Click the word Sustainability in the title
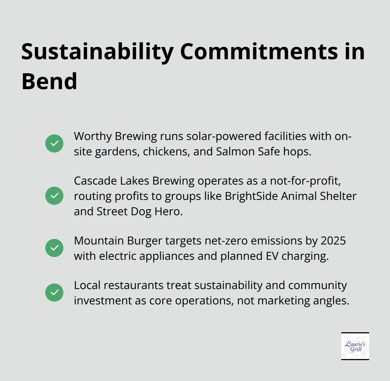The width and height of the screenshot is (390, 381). pyautogui.click(x=97, y=52)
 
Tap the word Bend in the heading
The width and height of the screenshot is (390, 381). pyautogui.click(x=49, y=81)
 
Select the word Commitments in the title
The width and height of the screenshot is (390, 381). pyautogui.click(x=259, y=52)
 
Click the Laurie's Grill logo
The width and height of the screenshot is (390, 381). pyautogui.click(x=355, y=346)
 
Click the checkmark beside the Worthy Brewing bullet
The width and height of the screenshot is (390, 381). pyautogui.click(x=54, y=143)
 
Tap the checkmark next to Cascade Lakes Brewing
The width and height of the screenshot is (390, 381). pyautogui.click(x=54, y=196)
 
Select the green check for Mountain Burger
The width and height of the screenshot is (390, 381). pyautogui.click(x=54, y=248)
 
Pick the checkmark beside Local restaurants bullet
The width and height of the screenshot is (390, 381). pyautogui.click(x=54, y=293)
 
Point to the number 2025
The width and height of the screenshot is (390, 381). pyautogui.click(x=333, y=241)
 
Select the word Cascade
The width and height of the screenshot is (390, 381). pyautogui.click(x=95, y=181)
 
